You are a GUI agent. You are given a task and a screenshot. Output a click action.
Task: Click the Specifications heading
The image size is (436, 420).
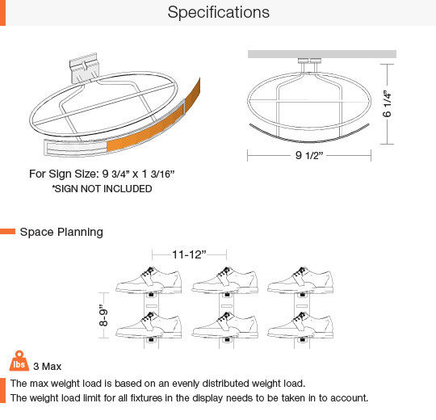[x=219, y=12]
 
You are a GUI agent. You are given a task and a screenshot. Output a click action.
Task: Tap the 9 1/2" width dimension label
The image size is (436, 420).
[x=309, y=155]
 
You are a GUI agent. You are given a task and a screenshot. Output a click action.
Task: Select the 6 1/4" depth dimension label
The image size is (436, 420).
[x=387, y=103]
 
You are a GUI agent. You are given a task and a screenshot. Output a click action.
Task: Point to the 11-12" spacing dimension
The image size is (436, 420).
[x=189, y=254]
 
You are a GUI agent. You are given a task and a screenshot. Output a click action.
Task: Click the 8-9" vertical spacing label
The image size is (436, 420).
[x=103, y=315]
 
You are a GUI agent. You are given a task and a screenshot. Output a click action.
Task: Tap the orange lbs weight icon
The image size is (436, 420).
[x=19, y=361]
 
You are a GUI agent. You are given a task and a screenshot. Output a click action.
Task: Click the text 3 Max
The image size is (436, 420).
[x=48, y=367]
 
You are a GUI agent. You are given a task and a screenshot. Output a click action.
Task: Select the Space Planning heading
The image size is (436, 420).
[x=61, y=232]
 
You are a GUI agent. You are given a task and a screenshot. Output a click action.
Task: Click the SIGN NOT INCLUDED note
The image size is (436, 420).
[x=102, y=189]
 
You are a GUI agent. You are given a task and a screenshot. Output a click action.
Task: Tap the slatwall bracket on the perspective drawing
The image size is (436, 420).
[x=83, y=68]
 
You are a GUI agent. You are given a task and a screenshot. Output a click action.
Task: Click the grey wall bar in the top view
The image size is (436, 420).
[x=322, y=54]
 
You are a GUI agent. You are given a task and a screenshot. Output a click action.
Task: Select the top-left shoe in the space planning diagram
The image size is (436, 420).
[x=149, y=280]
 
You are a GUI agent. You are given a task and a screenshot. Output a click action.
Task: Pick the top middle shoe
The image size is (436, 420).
[x=225, y=280]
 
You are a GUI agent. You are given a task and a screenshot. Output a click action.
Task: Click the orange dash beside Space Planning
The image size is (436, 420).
[x=7, y=232]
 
